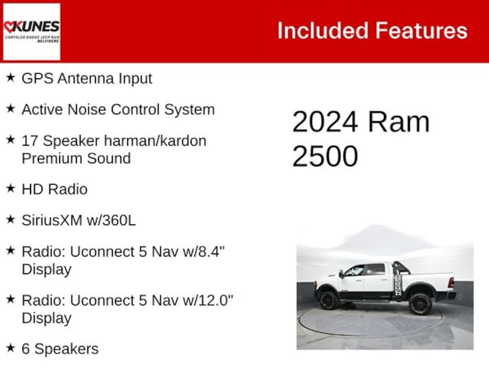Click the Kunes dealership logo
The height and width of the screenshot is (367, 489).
pyautogui.click(x=32, y=32)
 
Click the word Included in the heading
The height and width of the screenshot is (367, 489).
pyautogui.click(x=322, y=31)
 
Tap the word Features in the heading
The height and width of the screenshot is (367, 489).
pyautogui.click(x=421, y=31)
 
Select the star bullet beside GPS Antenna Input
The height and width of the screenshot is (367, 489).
pyautogui.click(x=11, y=77)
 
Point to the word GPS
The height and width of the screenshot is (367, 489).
pyautogui.click(x=37, y=78)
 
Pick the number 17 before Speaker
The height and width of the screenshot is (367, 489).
pyautogui.click(x=30, y=141)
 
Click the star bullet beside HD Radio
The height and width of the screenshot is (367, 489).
pyautogui.click(x=11, y=188)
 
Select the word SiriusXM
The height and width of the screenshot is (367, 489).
pyautogui.click(x=53, y=220)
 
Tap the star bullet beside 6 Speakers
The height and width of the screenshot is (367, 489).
pyautogui.click(x=11, y=348)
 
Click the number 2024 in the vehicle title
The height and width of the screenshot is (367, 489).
pyautogui.click(x=325, y=122)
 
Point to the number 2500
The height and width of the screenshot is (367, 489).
pyautogui.click(x=325, y=156)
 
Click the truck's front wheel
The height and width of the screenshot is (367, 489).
pyautogui.click(x=330, y=301)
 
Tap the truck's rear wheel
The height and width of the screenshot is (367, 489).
pyautogui.click(x=420, y=303)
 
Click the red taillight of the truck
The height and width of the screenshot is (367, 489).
pyautogui.click(x=450, y=282)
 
